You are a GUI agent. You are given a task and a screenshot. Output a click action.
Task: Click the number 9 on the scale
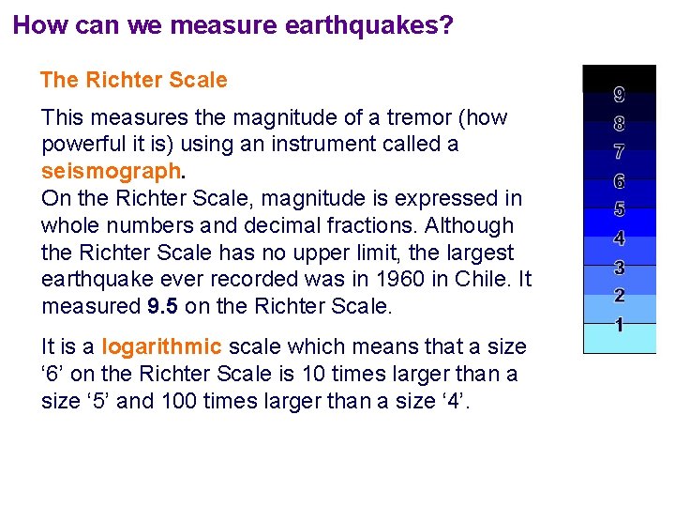[620, 94]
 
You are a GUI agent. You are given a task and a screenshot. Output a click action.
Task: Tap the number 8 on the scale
[620, 122]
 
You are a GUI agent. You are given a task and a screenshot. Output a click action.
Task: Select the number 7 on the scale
[620, 151]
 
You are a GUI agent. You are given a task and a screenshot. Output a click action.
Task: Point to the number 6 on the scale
[620, 180]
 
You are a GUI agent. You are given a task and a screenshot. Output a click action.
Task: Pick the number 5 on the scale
[620, 209]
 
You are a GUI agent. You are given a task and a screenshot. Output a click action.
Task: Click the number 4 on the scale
[620, 238]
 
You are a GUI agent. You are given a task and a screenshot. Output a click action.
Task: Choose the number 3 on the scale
[620, 268]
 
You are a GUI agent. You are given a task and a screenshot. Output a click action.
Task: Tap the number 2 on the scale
[620, 296]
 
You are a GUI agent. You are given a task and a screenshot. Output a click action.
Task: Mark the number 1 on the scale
[620, 325]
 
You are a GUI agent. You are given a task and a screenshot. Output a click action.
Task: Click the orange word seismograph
[112, 172]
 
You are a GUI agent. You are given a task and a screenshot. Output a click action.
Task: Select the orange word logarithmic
[160, 346]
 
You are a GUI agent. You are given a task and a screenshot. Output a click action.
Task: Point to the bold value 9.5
[164, 307]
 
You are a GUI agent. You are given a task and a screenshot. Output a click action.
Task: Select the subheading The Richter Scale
[134, 80]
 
